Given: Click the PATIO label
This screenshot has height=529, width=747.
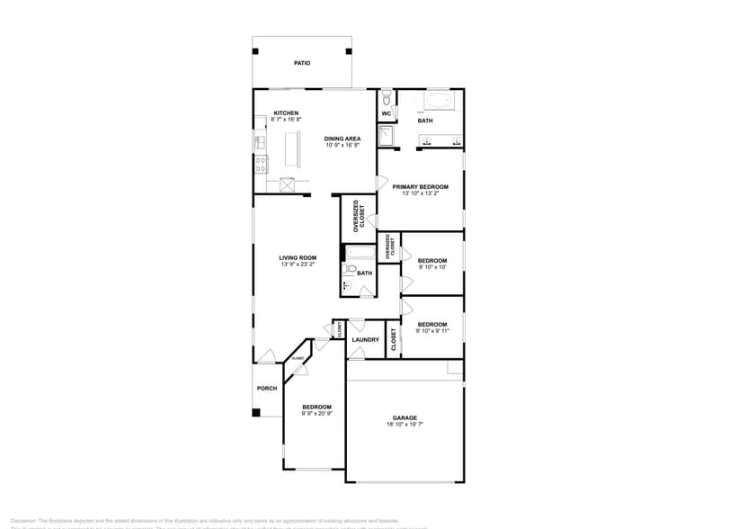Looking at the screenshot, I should click(302, 64).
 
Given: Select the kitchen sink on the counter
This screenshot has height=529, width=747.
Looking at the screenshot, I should click(260, 141).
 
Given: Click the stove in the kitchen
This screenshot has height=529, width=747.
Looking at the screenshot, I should click(260, 165).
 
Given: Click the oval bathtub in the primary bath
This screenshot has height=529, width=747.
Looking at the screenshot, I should click(440, 100).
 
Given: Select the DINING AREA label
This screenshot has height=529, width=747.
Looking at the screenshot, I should click(342, 139).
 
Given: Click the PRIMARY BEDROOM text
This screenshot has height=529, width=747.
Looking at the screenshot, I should click(420, 186).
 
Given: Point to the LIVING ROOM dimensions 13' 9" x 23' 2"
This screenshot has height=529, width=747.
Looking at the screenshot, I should click(298, 264).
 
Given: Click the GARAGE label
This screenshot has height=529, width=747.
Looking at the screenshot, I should click(404, 417).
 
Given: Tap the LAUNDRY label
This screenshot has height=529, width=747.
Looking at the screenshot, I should click(365, 340).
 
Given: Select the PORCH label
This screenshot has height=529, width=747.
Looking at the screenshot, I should click(267, 389).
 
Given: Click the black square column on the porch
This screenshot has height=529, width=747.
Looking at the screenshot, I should click(256, 413).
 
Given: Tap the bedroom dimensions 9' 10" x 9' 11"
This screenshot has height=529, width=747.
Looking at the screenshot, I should click(431, 331).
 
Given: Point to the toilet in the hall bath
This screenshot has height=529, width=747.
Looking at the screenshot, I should click(351, 270).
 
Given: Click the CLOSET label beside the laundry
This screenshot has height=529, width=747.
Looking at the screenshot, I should click(393, 340).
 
